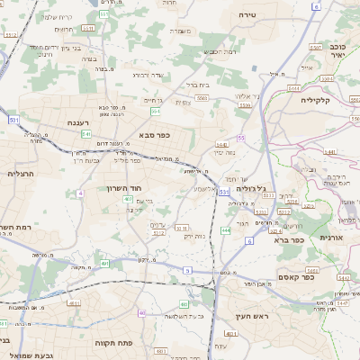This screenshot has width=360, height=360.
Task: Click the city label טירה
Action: tap(248, 16)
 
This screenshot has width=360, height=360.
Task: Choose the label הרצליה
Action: tap(19, 174)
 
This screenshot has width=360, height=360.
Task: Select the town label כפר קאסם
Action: tap(294, 277)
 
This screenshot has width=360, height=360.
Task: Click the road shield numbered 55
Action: tap(242, 138)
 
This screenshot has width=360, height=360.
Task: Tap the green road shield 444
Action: tap(225, 231)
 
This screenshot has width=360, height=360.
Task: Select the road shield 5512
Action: tap(159, 232)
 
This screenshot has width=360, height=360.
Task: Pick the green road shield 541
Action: tap(85, 134)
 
